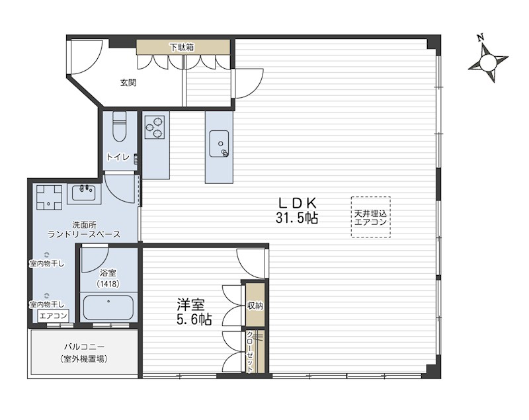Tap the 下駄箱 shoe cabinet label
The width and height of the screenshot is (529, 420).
pyautogui.click(x=182, y=47)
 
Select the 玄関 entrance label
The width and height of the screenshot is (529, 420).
pyautogui.click(x=128, y=82)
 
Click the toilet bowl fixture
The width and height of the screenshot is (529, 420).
pyautogui.click(x=119, y=126)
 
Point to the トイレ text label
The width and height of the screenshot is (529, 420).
pyautogui.click(x=118, y=157)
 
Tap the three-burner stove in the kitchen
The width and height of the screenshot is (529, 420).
pyautogui.click(x=155, y=127)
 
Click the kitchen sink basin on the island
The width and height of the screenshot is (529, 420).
pyautogui.click(x=219, y=144)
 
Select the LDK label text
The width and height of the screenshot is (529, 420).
pyautogui.click(x=297, y=203)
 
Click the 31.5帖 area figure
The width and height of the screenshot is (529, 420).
pyautogui.click(x=297, y=218)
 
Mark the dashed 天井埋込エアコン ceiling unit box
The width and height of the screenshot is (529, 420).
pyautogui.click(x=371, y=218)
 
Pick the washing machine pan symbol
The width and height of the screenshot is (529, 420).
pyautogui.click(x=49, y=197)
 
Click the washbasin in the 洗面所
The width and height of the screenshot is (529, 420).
pyautogui.click(x=84, y=194)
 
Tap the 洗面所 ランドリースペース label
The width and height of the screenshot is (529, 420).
pyautogui.click(x=84, y=230)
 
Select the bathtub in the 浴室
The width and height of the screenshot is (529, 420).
pyautogui.click(x=108, y=308)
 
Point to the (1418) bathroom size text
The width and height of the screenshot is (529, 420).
pyautogui.click(x=108, y=284)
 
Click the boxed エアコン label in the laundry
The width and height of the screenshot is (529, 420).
pyautogui.click(x=53, y=316)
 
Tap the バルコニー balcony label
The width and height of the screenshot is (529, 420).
pyautogui.click(x=85, y=347)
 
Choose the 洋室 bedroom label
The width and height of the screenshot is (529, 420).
pyautogui.click(x=190, y=305)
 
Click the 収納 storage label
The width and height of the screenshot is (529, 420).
pyautogui.click(x=255, y=306)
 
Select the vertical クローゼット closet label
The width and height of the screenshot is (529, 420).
pyautogui.click(x=250, y=351)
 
